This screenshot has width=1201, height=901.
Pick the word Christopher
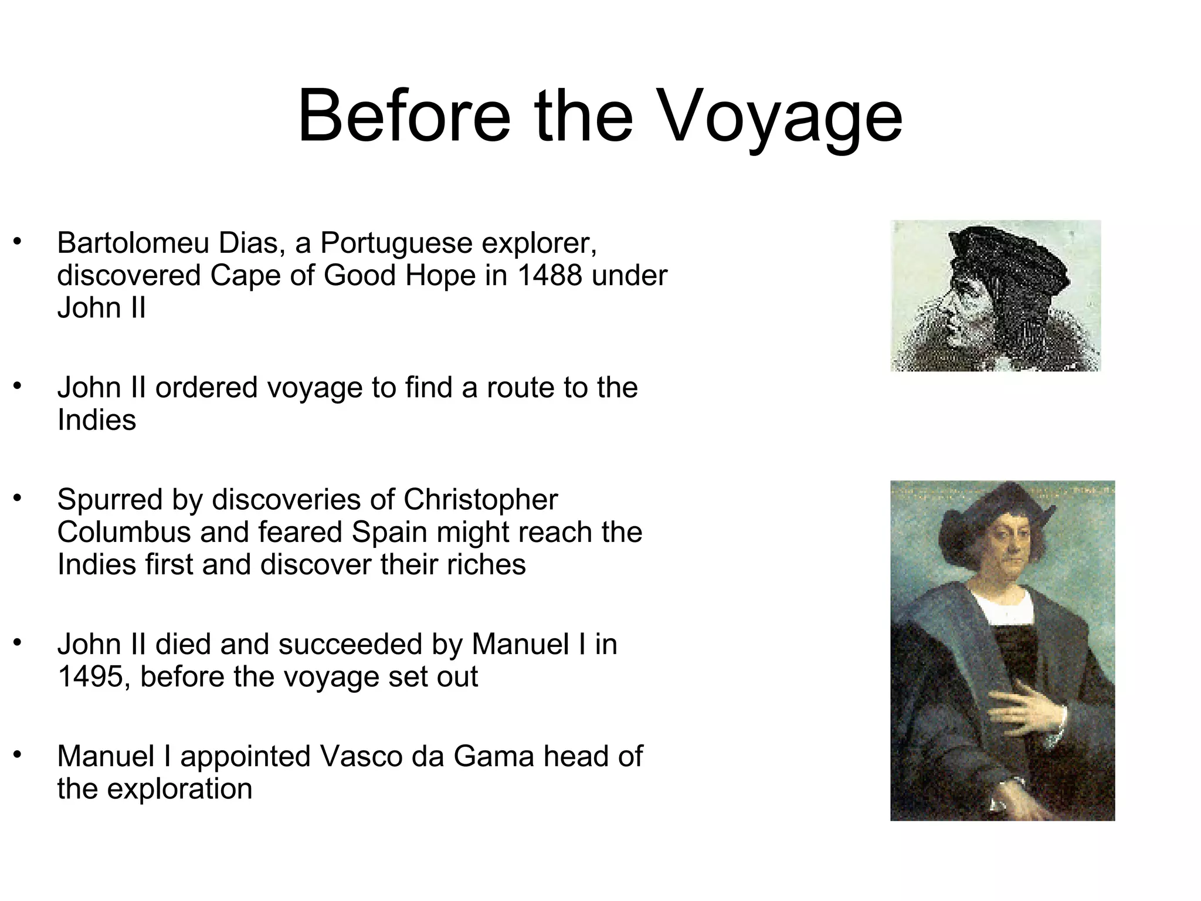[x=480, y=500]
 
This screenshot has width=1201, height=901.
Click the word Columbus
[x=124, y=532]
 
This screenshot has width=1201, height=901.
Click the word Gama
[x=494, y=756]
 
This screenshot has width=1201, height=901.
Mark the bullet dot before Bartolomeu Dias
[x=18, y=241]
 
